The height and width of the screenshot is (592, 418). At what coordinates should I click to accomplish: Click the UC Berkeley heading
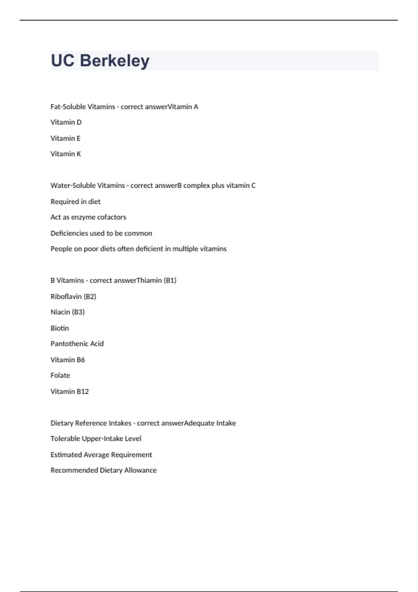[x=100, y=61]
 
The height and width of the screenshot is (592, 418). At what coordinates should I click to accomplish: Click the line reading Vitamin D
[x=66, y=122]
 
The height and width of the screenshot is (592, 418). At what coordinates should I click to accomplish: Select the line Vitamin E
[x=65, y=138]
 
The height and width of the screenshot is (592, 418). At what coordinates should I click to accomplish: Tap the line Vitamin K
[x=65, y=154]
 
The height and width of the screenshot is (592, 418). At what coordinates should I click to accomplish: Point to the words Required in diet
[x=75, y=202]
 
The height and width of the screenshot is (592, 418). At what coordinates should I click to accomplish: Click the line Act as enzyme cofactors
[x=88, y=217]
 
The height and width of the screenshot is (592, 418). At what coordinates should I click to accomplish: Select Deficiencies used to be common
[x=101, y=233]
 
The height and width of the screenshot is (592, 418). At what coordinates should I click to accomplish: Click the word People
[x=61, y=249]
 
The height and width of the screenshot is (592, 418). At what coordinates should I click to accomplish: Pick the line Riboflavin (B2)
[x=73, y=296]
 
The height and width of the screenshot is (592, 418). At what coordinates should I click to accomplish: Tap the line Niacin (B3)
[x=68, y=312]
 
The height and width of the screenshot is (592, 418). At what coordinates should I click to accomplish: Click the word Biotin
[x=60, y=328]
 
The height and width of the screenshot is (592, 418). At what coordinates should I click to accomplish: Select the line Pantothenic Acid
[x=77, y=344]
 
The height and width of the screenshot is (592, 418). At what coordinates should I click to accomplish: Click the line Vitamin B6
[x=68, y=360]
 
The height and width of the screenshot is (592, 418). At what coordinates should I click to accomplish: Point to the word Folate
[x=60, y=375]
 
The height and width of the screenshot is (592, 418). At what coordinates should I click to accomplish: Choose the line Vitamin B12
[x=70, y=391]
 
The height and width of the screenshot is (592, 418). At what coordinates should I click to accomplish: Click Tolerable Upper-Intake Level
[x=96, y=439]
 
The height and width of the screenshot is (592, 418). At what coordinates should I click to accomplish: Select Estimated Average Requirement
[x=101, y=455]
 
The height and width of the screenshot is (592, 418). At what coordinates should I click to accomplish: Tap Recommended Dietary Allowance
[x=103, y=470]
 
